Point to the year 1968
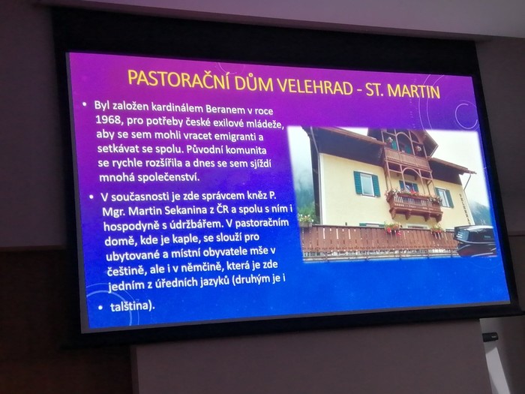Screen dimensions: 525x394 coord(107,120)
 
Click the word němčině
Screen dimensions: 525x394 coord(200,267)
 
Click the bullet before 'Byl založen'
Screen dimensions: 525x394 coord(84,105)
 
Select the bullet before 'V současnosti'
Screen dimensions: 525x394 coord(91,197)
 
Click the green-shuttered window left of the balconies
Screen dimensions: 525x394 coord(366,185)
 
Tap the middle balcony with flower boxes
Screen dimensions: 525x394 coord(414,205)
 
